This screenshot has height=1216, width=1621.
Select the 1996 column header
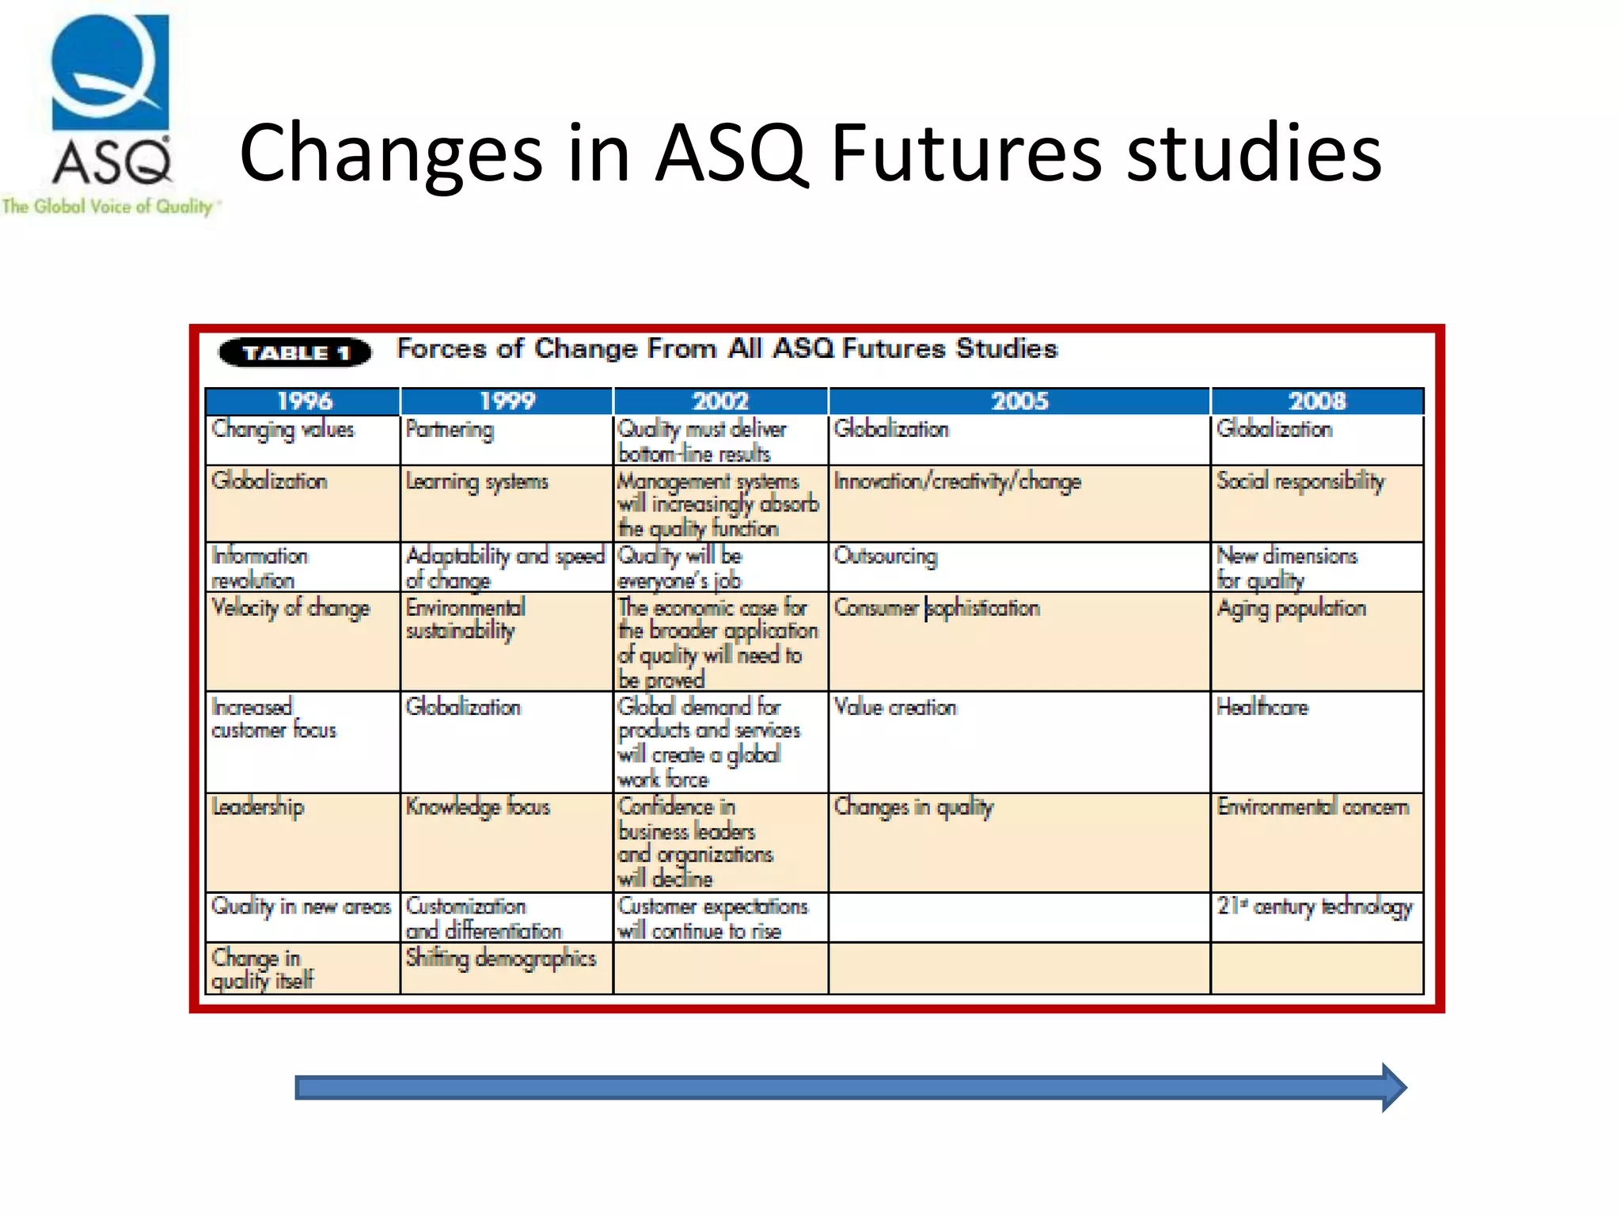tap(303, 401)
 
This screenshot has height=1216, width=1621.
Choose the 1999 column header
tap(507, 401)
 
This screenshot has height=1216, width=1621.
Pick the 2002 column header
tap(720, 401)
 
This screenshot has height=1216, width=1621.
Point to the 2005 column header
tap(1019, 401)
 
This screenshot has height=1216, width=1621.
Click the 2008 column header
tap(1317, 401)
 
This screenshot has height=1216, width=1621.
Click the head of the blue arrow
tap(1392, 1088)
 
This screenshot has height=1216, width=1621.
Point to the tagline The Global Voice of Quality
tap(108, 207)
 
